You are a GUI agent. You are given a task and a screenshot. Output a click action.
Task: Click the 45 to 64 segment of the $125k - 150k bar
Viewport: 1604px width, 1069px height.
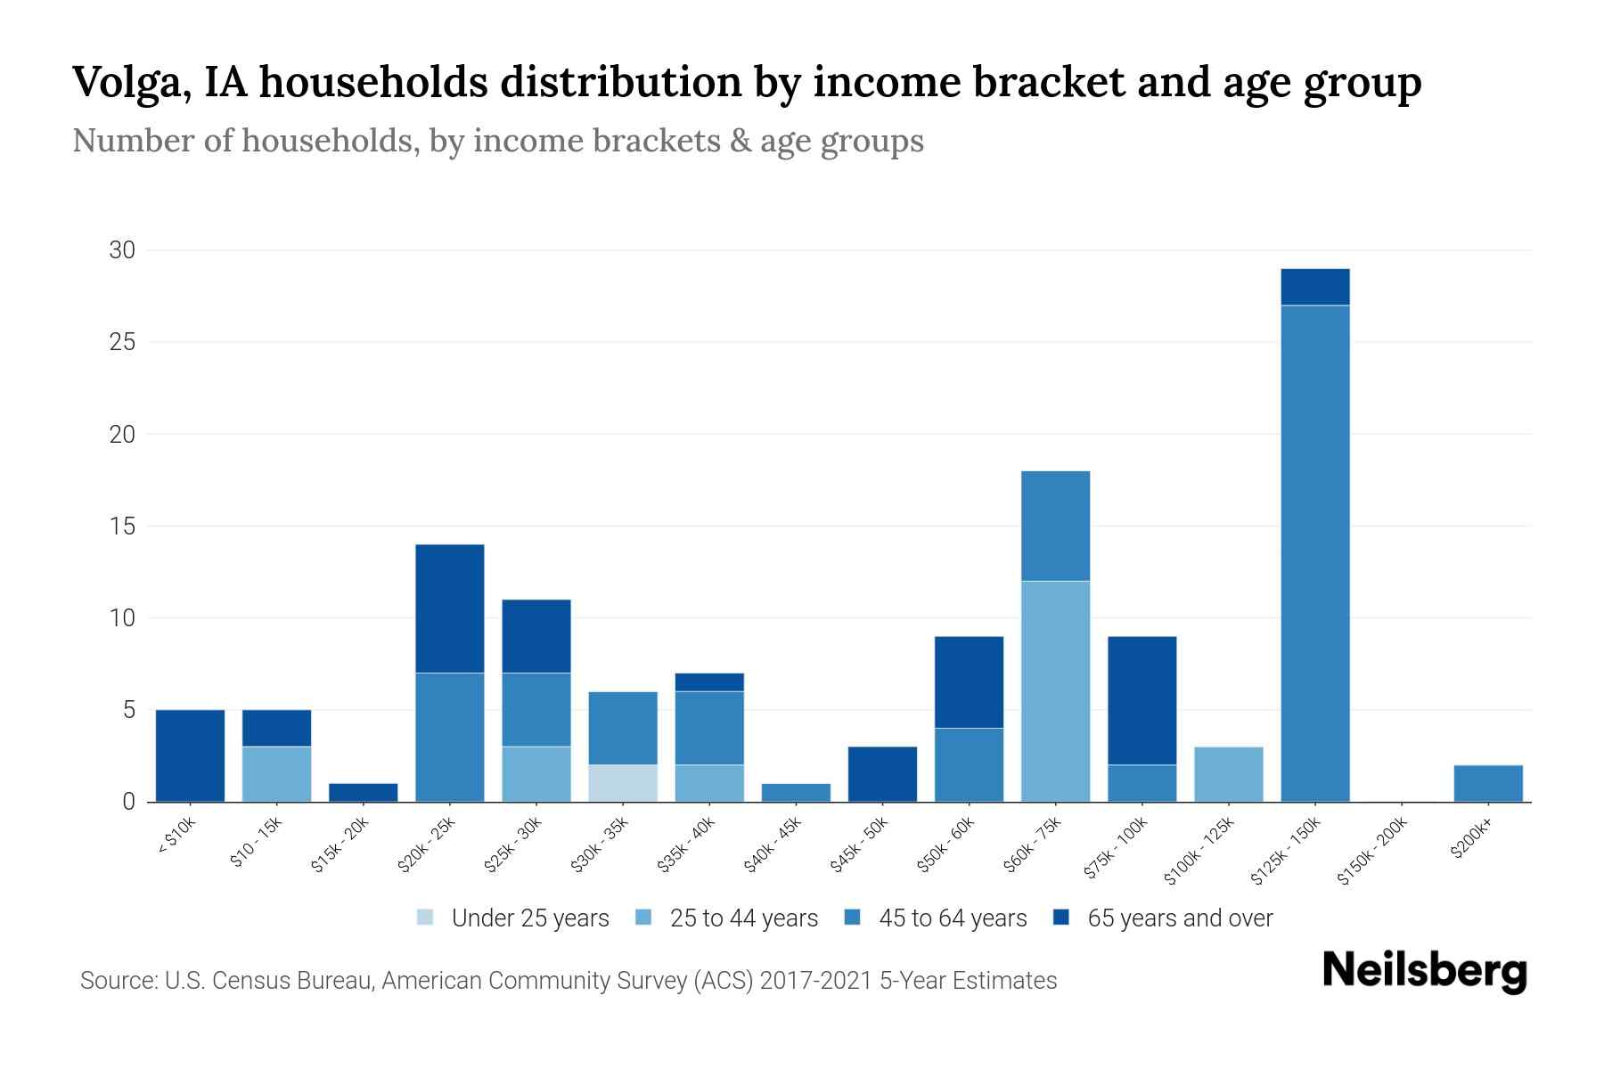[1314, 552]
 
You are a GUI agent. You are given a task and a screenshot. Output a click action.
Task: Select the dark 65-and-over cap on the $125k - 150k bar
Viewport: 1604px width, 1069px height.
[1314, 287]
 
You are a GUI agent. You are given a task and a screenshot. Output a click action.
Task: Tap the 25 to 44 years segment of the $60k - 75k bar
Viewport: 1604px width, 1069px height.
[1055, 690]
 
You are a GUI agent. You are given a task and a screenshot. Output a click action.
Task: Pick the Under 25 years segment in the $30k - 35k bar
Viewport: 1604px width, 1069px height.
[623, 783]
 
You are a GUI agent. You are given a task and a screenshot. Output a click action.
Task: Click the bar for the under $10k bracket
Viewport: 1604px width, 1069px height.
[190, 755]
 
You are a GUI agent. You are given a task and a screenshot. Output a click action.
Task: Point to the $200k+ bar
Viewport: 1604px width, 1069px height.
[1487, 783]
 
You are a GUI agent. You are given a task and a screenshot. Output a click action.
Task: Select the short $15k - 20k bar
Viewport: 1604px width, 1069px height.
[363, 792]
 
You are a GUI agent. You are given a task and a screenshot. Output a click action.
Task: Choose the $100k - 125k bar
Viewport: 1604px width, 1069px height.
[1228, 774]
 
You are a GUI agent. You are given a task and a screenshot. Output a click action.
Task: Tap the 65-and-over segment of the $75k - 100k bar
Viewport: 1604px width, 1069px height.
[1142, 700]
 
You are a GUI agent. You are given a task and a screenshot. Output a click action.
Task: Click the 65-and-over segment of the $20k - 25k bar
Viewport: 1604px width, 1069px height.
[449, 608]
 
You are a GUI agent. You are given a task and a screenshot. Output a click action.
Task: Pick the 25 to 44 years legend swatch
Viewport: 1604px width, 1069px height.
[643, 918]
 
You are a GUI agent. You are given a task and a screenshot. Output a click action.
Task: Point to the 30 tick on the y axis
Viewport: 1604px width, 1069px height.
[122, 250]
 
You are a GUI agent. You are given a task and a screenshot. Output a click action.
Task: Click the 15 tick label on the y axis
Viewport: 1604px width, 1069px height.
[122, 526]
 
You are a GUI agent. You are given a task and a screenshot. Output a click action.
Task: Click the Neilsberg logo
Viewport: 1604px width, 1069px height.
[1424, 971]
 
